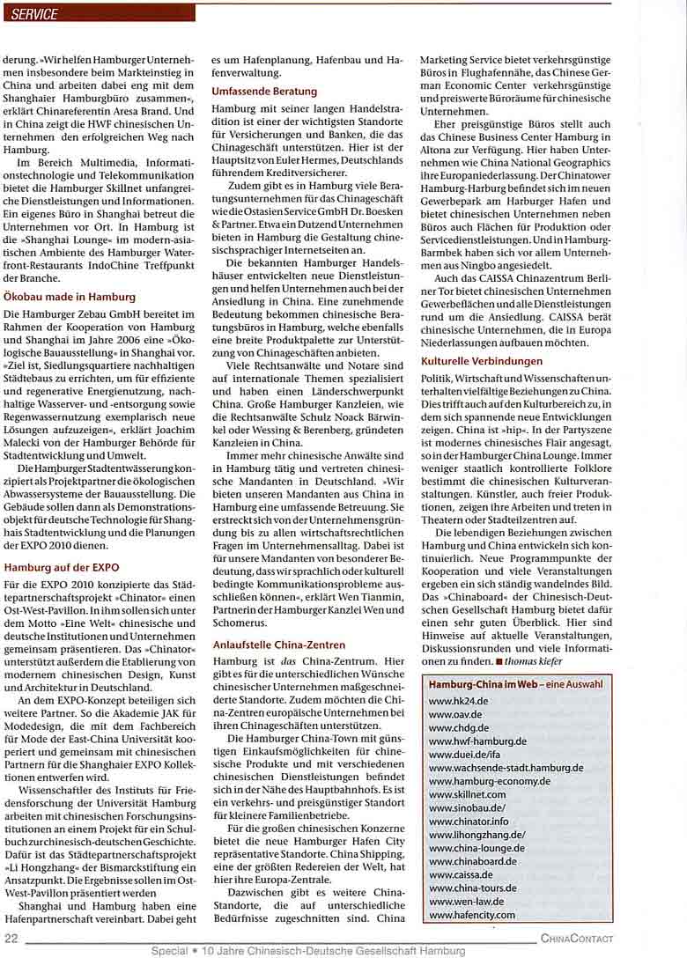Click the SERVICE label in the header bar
pos(35,14)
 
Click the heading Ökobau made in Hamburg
pos(70,297)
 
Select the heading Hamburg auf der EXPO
pos(62,567)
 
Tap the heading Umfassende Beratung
pos(264,92)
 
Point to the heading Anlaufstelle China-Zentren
pos(279,645)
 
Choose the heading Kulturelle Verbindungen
pos(482,362)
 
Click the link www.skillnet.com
pos(468,794)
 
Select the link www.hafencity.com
pos(472,916)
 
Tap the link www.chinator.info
pos(469,822)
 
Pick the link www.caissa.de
pos(461,875)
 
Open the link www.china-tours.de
pos(473,888)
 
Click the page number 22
pos(11,939)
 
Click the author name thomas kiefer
pos(533,660)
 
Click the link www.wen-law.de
pos(466,903)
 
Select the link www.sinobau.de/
pos(467,807)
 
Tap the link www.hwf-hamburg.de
pos(477,741)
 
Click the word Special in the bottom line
pos(168,951)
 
